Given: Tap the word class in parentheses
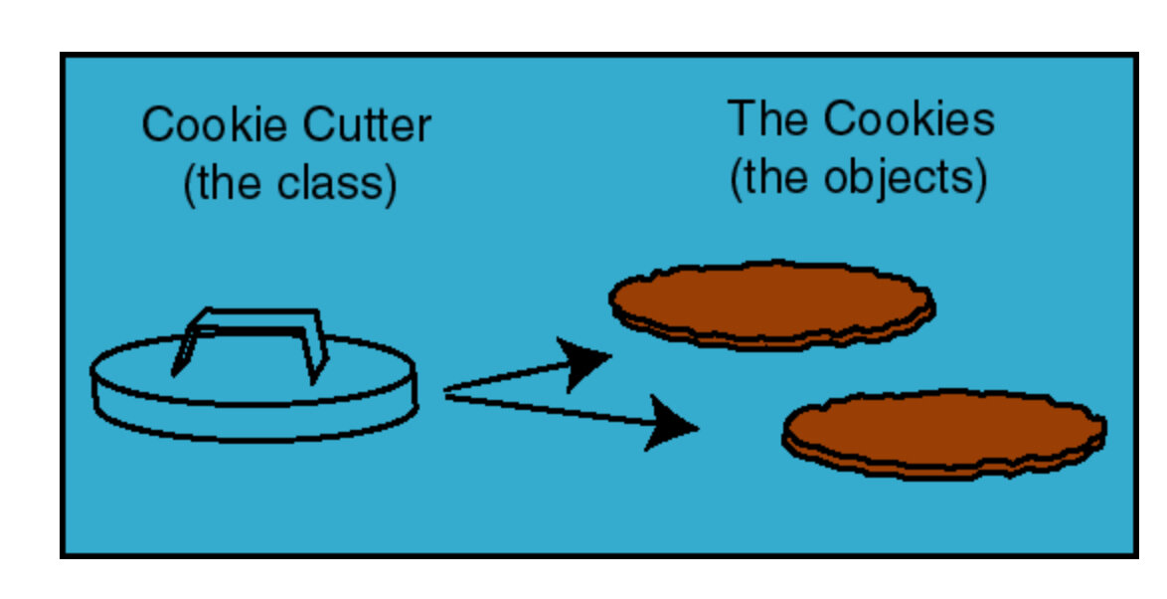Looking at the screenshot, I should click(x=335, y=184).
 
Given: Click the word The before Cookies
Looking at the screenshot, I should click(x=766, y=118).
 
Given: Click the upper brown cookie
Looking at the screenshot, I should click(x=771, y=300).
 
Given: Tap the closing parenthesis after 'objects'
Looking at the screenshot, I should click(x=980, y=179).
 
